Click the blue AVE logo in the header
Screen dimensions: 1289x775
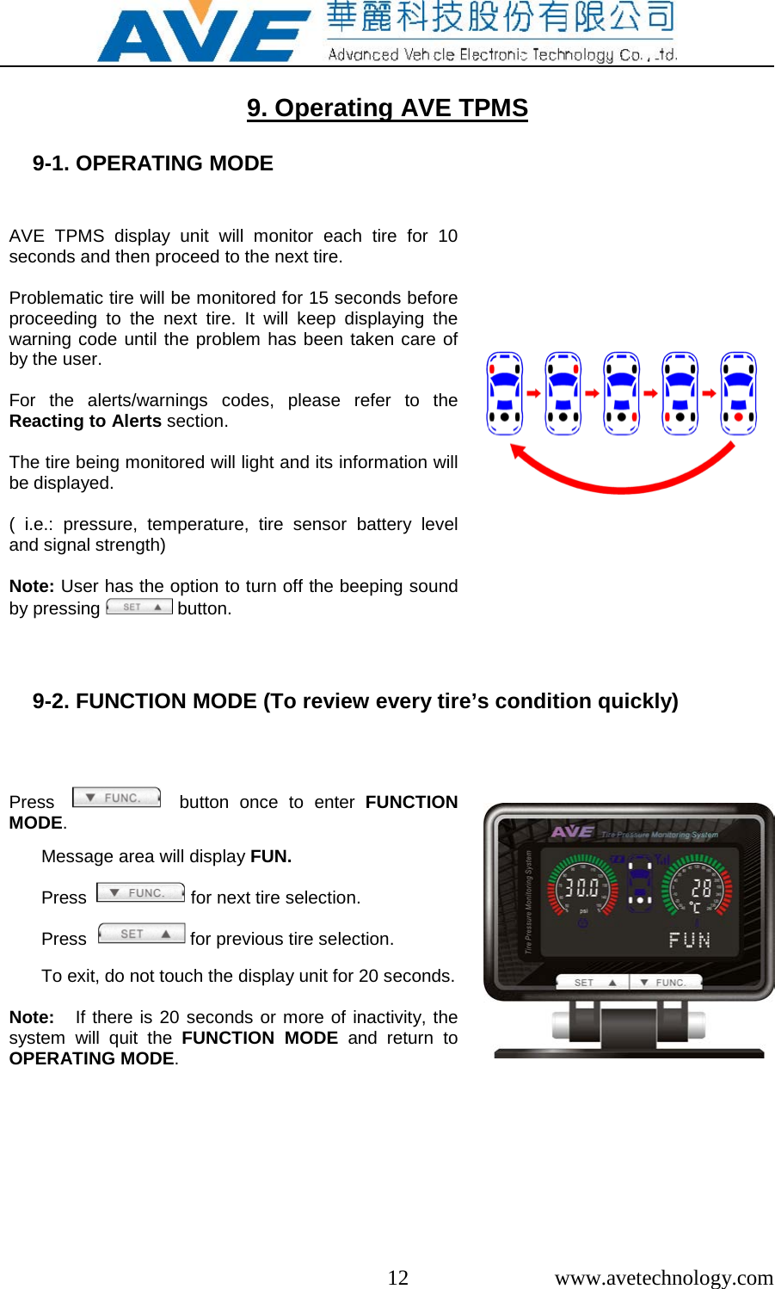tap(203, 34)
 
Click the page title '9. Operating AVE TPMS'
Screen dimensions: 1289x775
tap(387, 108)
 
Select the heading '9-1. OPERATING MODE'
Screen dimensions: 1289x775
tap(153, 163)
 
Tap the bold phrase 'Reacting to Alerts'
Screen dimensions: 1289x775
tap(85, 421)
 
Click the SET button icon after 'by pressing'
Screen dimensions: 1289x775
tap(139, 607)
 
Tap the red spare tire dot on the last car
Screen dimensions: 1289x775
tap(738, 417)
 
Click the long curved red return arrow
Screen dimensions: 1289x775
tap(622, 478)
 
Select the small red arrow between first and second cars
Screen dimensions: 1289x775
tap(533, 393)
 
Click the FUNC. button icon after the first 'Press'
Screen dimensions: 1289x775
tap(117, 798)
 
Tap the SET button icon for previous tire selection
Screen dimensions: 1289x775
tap(141, 934)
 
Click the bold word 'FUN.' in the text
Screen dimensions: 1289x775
tap(271, 856)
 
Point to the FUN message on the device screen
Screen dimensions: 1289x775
tap(690, 940)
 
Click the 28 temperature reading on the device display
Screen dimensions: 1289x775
tap(701, 888)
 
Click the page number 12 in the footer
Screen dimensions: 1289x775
tap(397, 1277)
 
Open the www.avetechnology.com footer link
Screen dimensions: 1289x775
tap(663, 1277)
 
